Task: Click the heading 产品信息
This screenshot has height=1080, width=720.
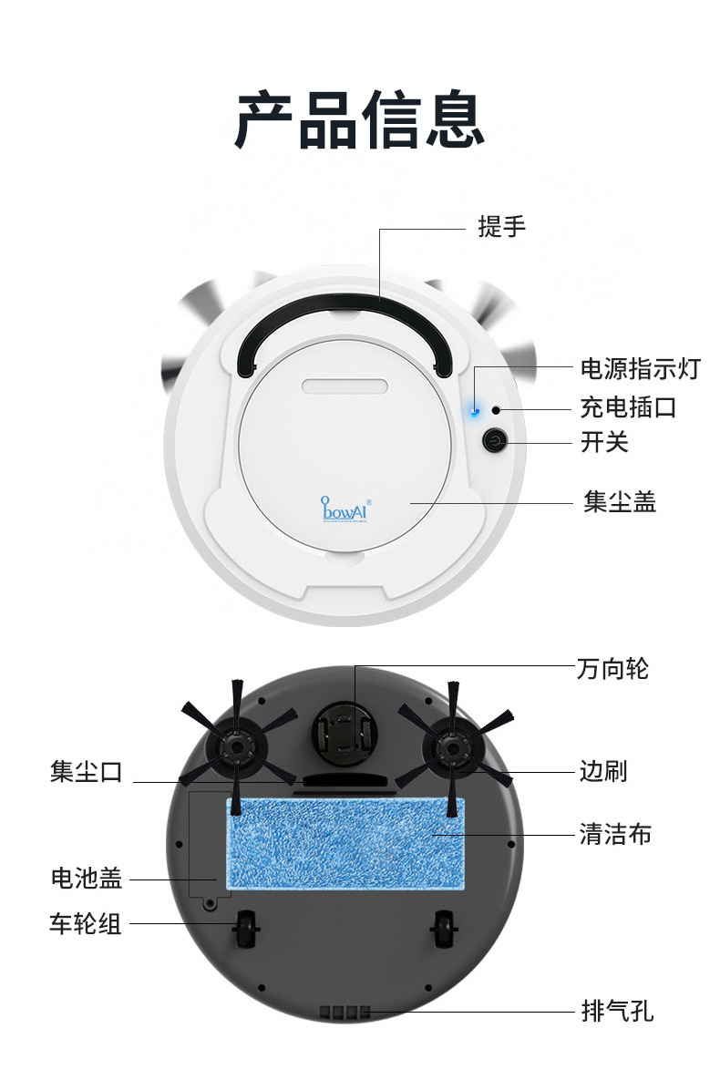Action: pyautogui.click(x=359, y=118)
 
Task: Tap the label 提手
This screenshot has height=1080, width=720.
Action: pyautogui.click(x=502, y=227)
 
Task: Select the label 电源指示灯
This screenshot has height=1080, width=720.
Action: pyautogui.click(x=640, y=369)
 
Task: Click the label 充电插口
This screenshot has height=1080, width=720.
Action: pyautogui.click(x=628, y=406)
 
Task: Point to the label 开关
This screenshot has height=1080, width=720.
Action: pyautogui.click(x=604, y=443)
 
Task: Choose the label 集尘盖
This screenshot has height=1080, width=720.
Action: pyautogui.click(x=619, y=502)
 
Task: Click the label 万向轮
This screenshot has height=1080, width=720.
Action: pyautogui.click(x=612, y=668)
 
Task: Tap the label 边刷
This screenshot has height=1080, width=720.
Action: pyautogui.click(x=603, y=772)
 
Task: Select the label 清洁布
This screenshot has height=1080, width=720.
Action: pyautogui.click(x=615, y=834)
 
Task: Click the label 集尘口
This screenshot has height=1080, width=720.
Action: pyautogui.click(x=86, y=773)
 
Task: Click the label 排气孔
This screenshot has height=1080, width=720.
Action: pyautogui.click(x=616, y=1011)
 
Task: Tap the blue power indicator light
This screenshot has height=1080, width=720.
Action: pyautogui.click(x=474, y=411)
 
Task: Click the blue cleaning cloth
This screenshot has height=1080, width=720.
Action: pyautogui.click(x=345, y=843)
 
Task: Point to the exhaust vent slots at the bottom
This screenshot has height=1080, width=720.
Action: pyautogui.click(x=345, y=1012)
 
